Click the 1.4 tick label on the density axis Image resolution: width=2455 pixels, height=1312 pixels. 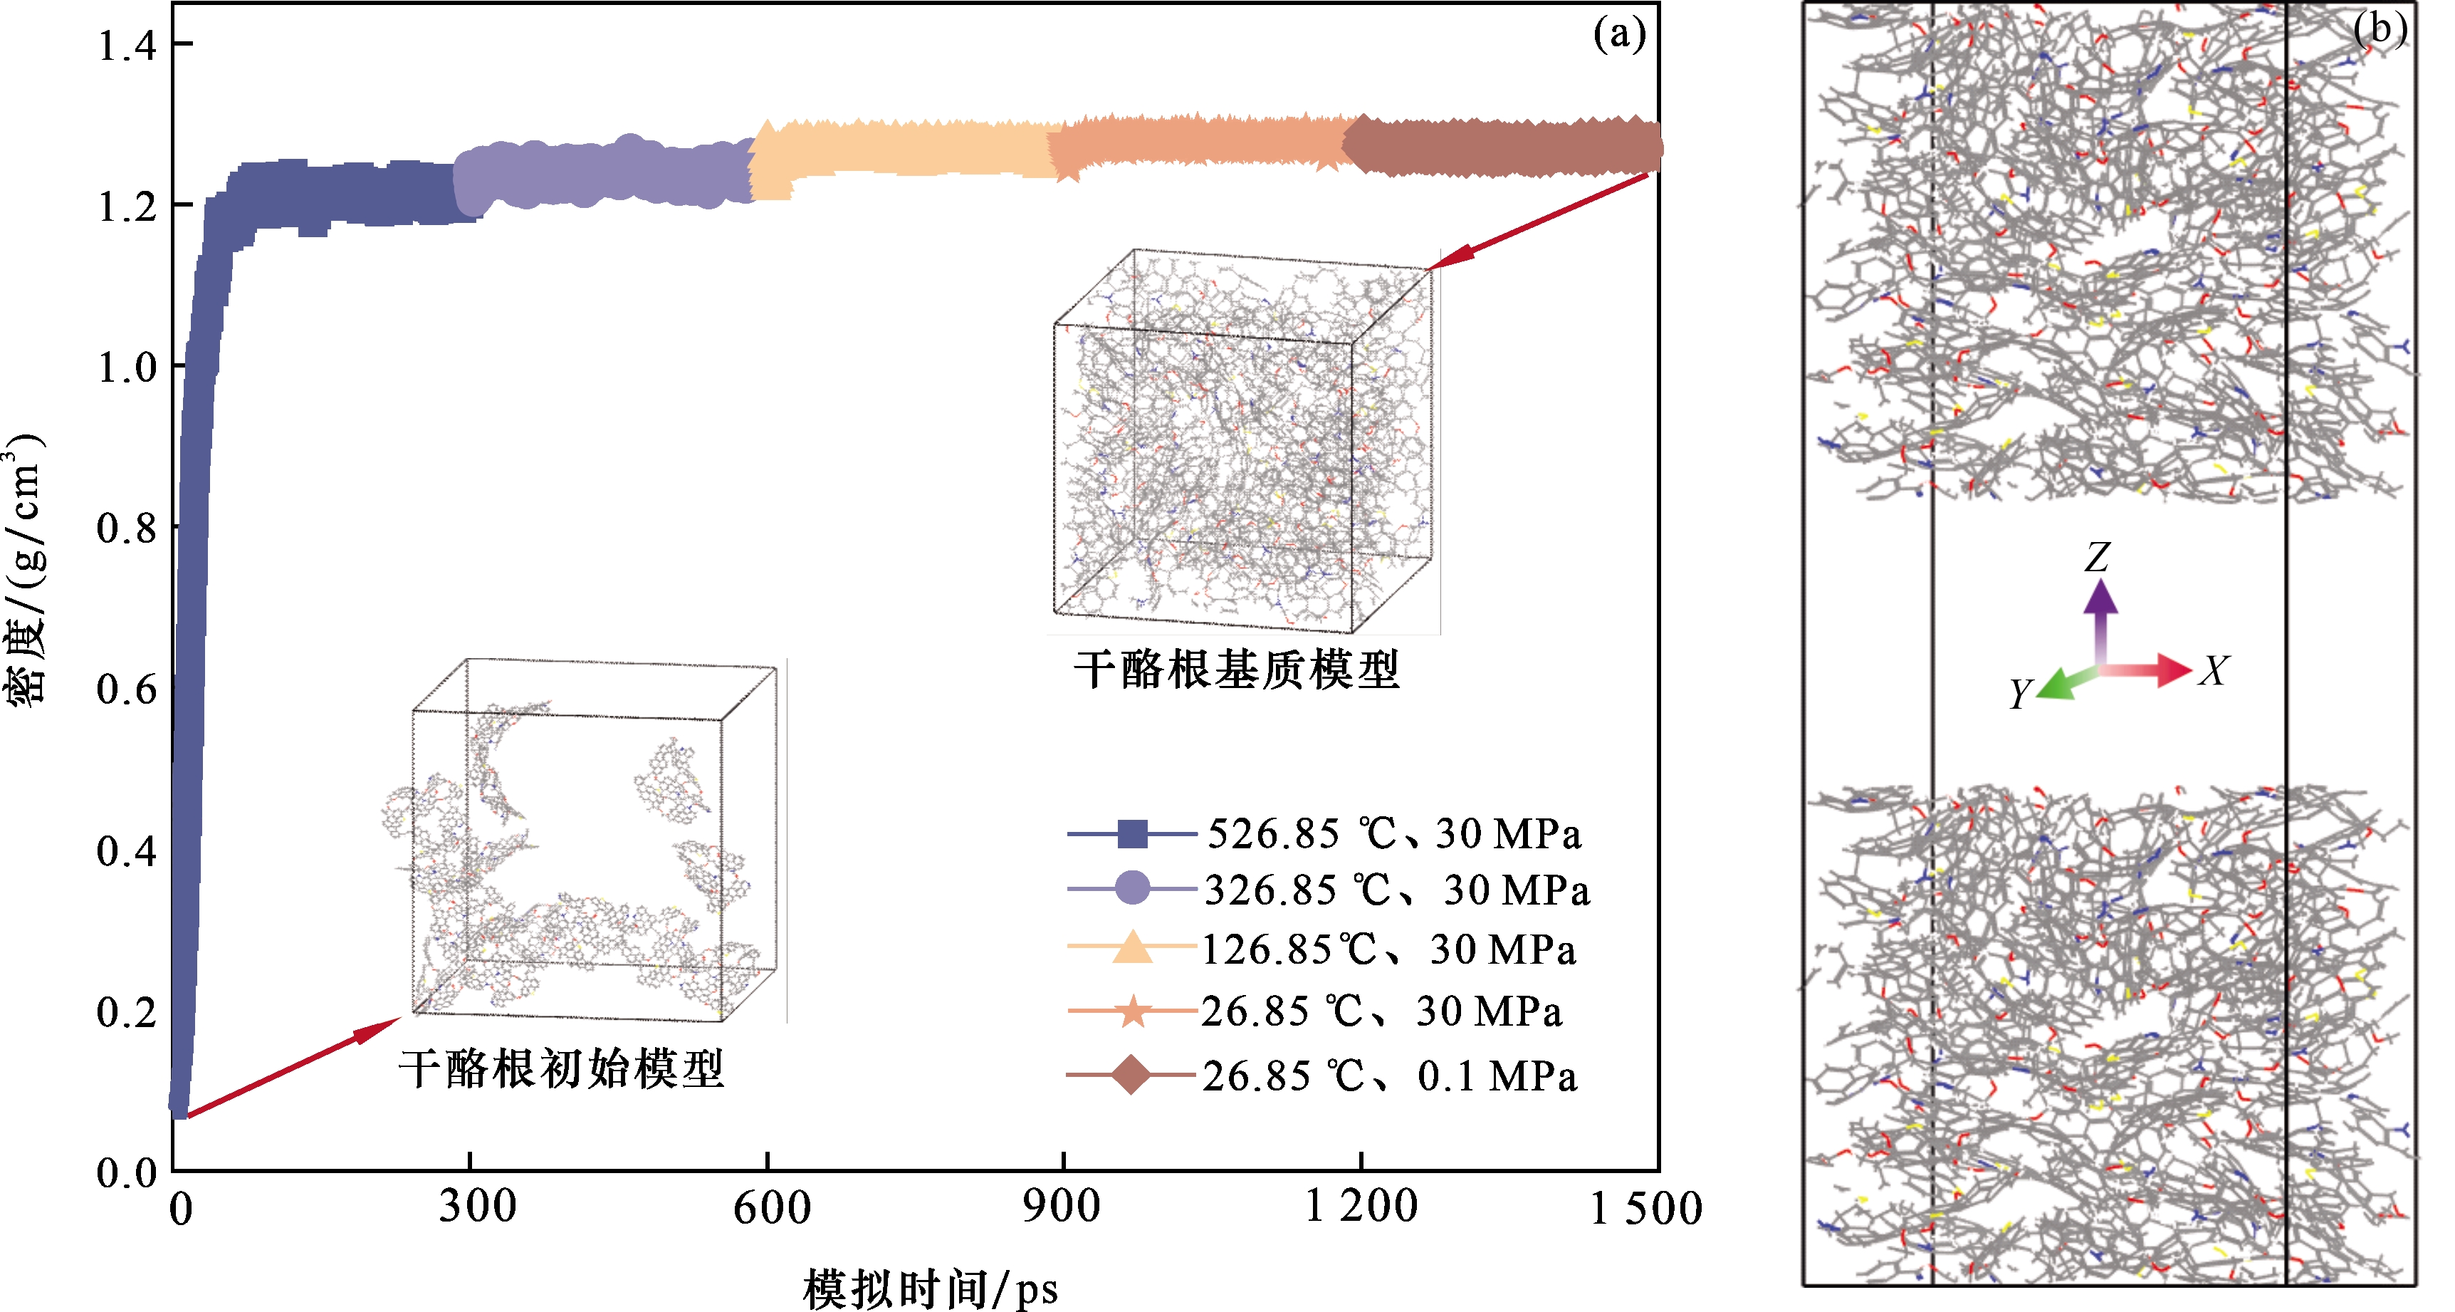click(127, 46)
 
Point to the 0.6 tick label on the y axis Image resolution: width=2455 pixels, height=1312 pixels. click(127, 689)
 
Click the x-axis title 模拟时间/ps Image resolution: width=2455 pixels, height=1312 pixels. click(930, 1288)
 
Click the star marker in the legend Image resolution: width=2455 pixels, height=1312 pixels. click(1132, 1011)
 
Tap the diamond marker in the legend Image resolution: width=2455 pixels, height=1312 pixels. click(1131, 1076)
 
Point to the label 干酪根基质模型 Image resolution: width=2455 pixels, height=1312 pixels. click(1236, 670)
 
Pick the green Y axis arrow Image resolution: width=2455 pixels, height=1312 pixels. click(2064, 684)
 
